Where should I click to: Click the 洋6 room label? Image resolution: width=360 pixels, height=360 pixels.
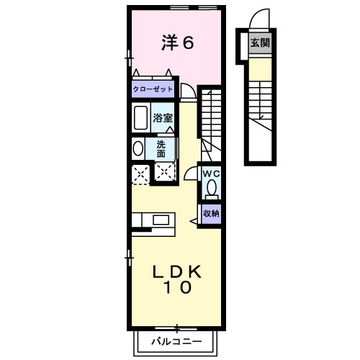coord(176,43)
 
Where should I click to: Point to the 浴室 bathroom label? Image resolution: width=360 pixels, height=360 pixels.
coord(162,117)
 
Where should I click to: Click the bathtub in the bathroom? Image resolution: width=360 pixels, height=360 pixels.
coord(140,118)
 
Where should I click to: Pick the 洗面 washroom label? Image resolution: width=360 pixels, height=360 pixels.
coord(161,148)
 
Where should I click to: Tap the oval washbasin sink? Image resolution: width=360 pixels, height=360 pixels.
coord(138,148)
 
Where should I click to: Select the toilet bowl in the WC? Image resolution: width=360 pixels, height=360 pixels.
coord(210,189)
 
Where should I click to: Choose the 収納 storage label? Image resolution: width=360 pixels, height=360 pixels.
coord(210,213)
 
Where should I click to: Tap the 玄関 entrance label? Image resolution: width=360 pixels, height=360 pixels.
coord(259,43)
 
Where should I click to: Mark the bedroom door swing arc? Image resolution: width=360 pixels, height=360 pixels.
coord(187,90)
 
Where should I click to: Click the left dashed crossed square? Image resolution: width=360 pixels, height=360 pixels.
coord(140,173)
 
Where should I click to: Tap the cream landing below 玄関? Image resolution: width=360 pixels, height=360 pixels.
coord(259,68)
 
